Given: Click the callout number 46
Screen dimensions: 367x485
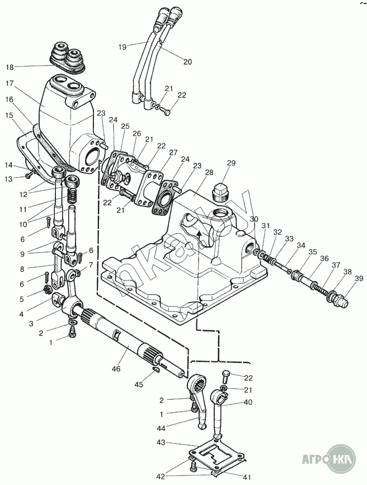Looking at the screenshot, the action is coord(116,369).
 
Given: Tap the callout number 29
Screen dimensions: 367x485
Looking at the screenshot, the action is coord(231,164).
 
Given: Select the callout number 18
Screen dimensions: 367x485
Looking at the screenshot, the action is coord(10,67).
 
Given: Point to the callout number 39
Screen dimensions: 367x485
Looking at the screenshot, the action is coord(359,278).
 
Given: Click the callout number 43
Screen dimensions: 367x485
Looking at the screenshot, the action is coord(161,442).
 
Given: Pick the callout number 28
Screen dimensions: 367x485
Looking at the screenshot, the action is coord(209,172).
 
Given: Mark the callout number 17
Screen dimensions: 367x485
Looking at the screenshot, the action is coord(10,83).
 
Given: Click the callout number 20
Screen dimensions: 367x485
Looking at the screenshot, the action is coord(187,62).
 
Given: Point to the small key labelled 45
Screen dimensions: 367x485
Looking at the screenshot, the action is coord(156,370).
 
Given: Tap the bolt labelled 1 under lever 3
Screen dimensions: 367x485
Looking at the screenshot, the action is coord(73,334).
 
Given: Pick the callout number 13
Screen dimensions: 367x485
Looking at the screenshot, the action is coord(8,179).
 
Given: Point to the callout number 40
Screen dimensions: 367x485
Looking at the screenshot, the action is coord(248,403).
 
